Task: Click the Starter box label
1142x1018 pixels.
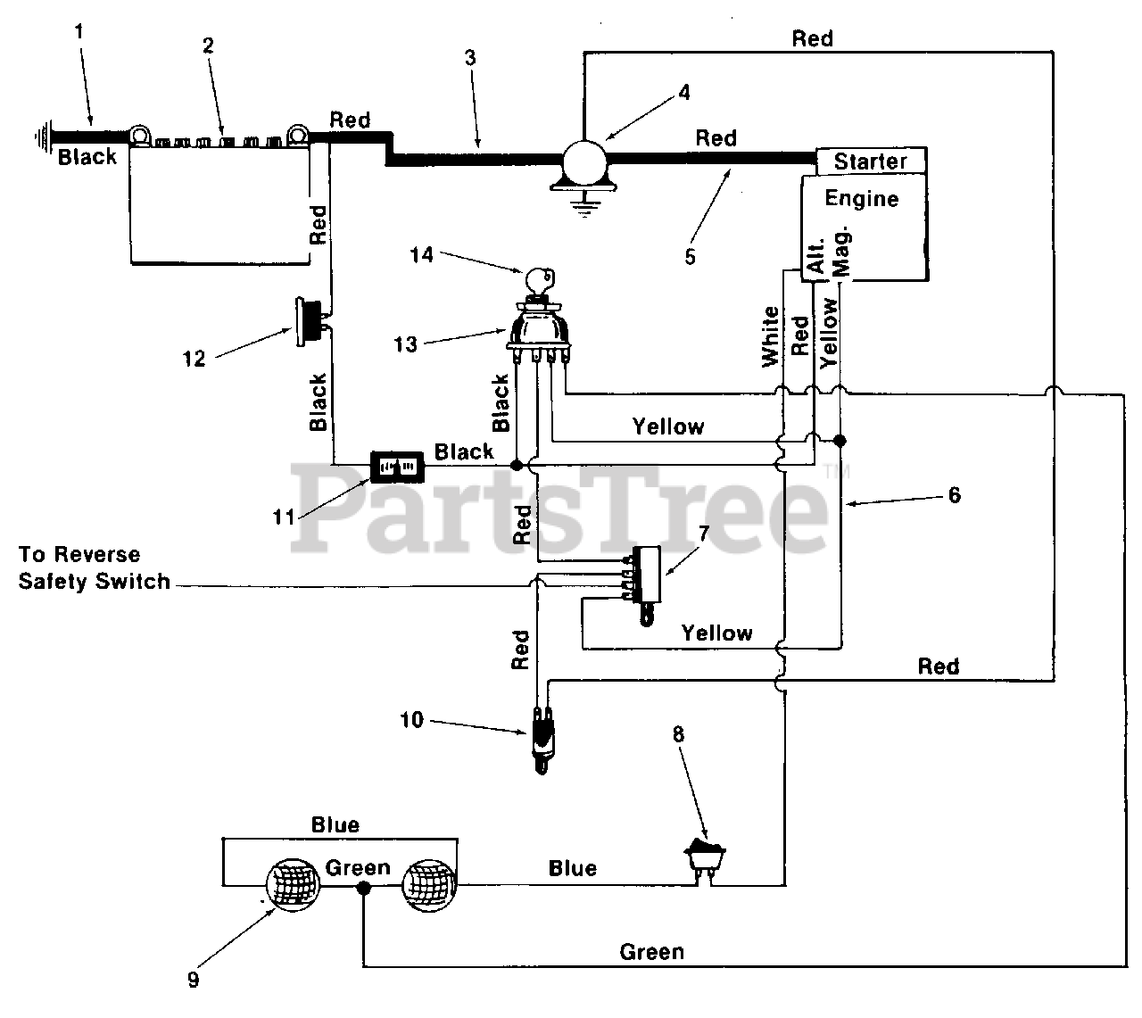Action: pyautogui.click(x=870, y=161)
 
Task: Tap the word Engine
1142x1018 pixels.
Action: pyautogui.click(x=861, y=199)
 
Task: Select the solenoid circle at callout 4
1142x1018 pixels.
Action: pyautogui.click(x=584, y=162)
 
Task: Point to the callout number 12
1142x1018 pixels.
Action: pyautogui.click(x=194, y=359)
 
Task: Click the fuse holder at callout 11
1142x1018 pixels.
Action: pyautogui.click(x=397, y=467)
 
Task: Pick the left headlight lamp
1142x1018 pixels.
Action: pyautogui.click(x=293, y=886)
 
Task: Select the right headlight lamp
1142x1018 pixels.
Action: pyautogui.click(x=429, y=886)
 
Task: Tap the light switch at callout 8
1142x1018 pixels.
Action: pyautogui.click(x=705, y=858)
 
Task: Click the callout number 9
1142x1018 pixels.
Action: pyautogui.click(x=194, y=980)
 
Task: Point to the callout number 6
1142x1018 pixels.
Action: pyautogui.click(x=954, y=495)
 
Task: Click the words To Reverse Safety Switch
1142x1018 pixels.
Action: pyautogui.click(x=95, y=568)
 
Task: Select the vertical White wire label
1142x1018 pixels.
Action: pyautogui.click(x=770, y=336)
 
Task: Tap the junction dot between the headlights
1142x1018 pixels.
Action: pyautogui.click(x=364, y=889)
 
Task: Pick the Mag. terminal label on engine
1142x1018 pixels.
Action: pyautogui.click(x=841, y=252)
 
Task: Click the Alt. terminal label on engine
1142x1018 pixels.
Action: pyautogui.click(x=817, y=256)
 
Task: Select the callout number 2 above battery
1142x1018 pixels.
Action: pyautogui.click(x=209, y=46)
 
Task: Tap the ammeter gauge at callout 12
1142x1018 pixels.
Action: pyautogui.click(x=309, y=322)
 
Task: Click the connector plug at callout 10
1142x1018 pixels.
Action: pyautogui.click(x=542, y=740)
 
